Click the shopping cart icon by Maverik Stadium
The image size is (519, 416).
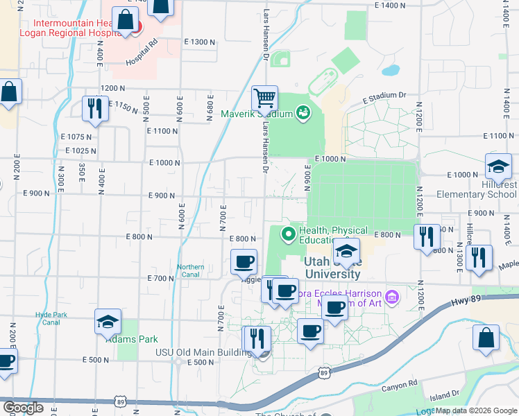264,98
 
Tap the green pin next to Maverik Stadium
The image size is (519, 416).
303,112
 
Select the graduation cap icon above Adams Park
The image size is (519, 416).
108,322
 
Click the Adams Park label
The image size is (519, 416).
132,339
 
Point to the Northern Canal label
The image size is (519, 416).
190,270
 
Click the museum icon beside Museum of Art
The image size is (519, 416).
392,297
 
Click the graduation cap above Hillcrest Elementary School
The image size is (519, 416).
498,166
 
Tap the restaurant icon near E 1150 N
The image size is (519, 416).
94,108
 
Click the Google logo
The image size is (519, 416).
22,408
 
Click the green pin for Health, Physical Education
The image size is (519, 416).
289,234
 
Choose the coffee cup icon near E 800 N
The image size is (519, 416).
244,262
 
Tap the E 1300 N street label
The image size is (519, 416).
200,42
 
